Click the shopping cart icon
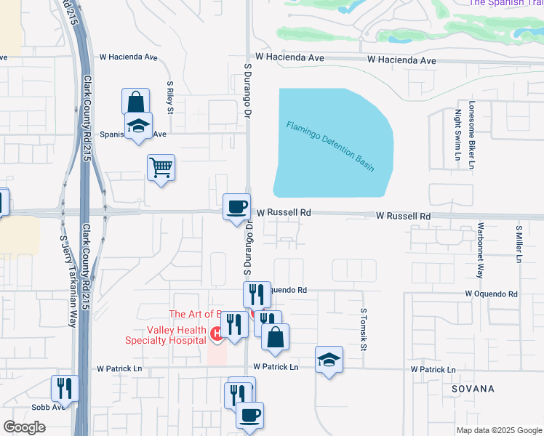pyautogui.click(x=161, y=168)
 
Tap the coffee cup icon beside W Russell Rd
pyautogui.click(x=236, y=207)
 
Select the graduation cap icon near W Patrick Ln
pyautogui.click(x=329, y=360)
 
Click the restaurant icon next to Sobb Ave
pyautogui.click(x=65, y=389)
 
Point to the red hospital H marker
pyautogui.click(x=216, y=334)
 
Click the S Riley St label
pyautogui.click(x=169, y=97)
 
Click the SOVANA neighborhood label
pyautogui.click(x=472, y=389)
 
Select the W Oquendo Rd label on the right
pyautogui.click(x=492, y=294)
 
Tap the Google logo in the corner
pyautogui.click(x=24, y=427)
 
